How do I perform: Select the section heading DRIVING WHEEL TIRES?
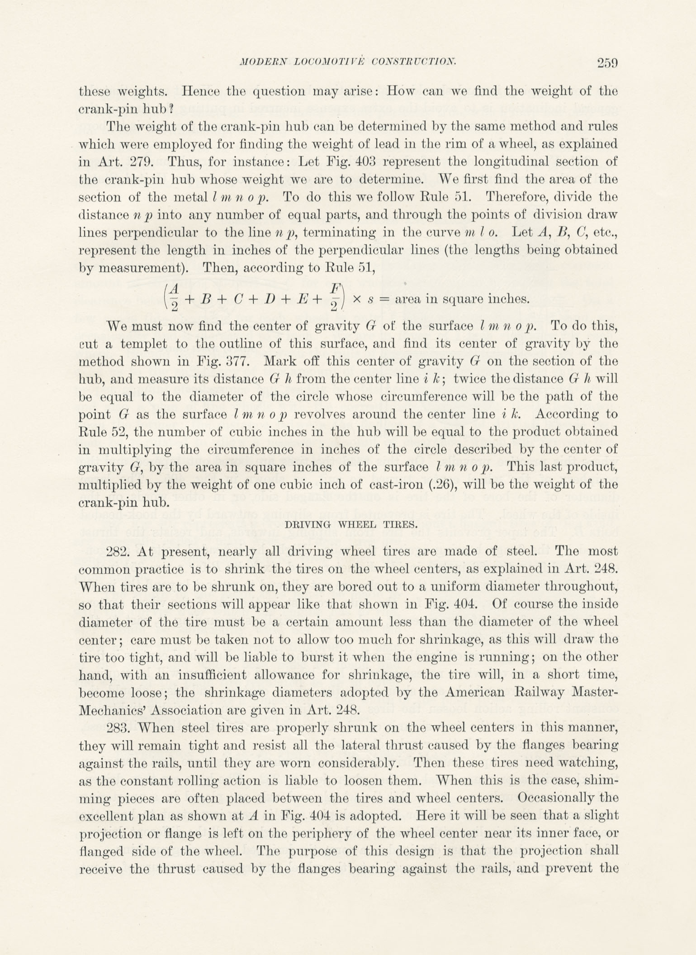(348, 524)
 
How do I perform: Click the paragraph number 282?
(118, 551)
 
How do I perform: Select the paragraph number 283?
(118, 728)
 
